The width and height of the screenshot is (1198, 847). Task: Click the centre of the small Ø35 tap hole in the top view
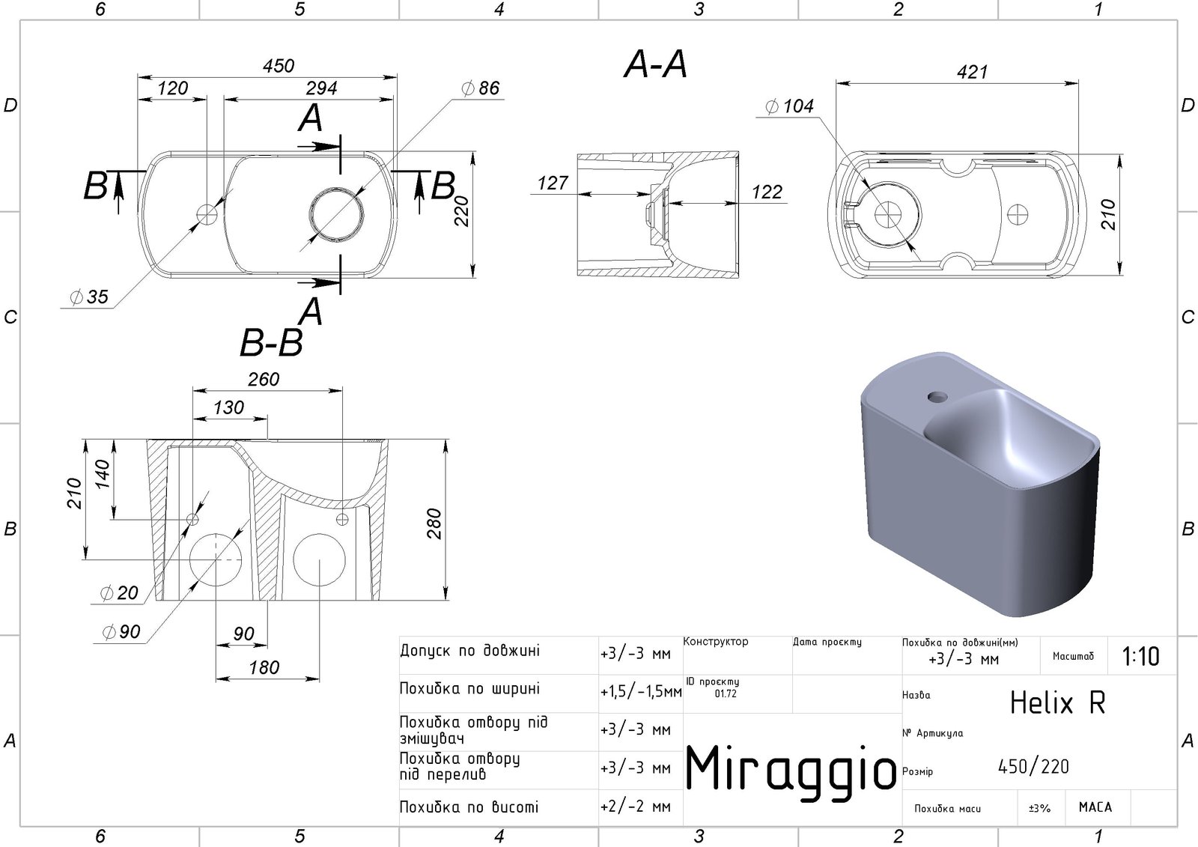(x=207, y=215)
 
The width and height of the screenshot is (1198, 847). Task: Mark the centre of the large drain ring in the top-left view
(x=337, y=215)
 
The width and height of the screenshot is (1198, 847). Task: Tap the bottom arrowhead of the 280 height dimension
(x=446, y=594)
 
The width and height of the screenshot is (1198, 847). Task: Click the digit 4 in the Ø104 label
(x=808, y=106)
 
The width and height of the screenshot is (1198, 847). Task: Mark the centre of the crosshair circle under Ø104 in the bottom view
(x=888, y=215)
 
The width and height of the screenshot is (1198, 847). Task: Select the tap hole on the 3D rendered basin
(x=937, y=397)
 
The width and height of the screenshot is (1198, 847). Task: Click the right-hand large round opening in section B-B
(x=319, y=559)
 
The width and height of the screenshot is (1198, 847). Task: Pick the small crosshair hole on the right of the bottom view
(x=1018, y=215)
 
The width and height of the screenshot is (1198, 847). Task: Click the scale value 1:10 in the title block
(x=1141, y=656)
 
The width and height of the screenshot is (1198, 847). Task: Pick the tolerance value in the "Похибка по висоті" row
(x=636, y=807)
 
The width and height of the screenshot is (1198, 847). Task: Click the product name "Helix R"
(x=1057, y=702)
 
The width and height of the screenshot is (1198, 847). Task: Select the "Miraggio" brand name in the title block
(x=791, y=769)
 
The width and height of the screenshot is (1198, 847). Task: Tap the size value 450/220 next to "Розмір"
(x=1033, y=767)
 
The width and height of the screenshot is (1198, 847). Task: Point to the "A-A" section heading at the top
(x=656, y=64)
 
